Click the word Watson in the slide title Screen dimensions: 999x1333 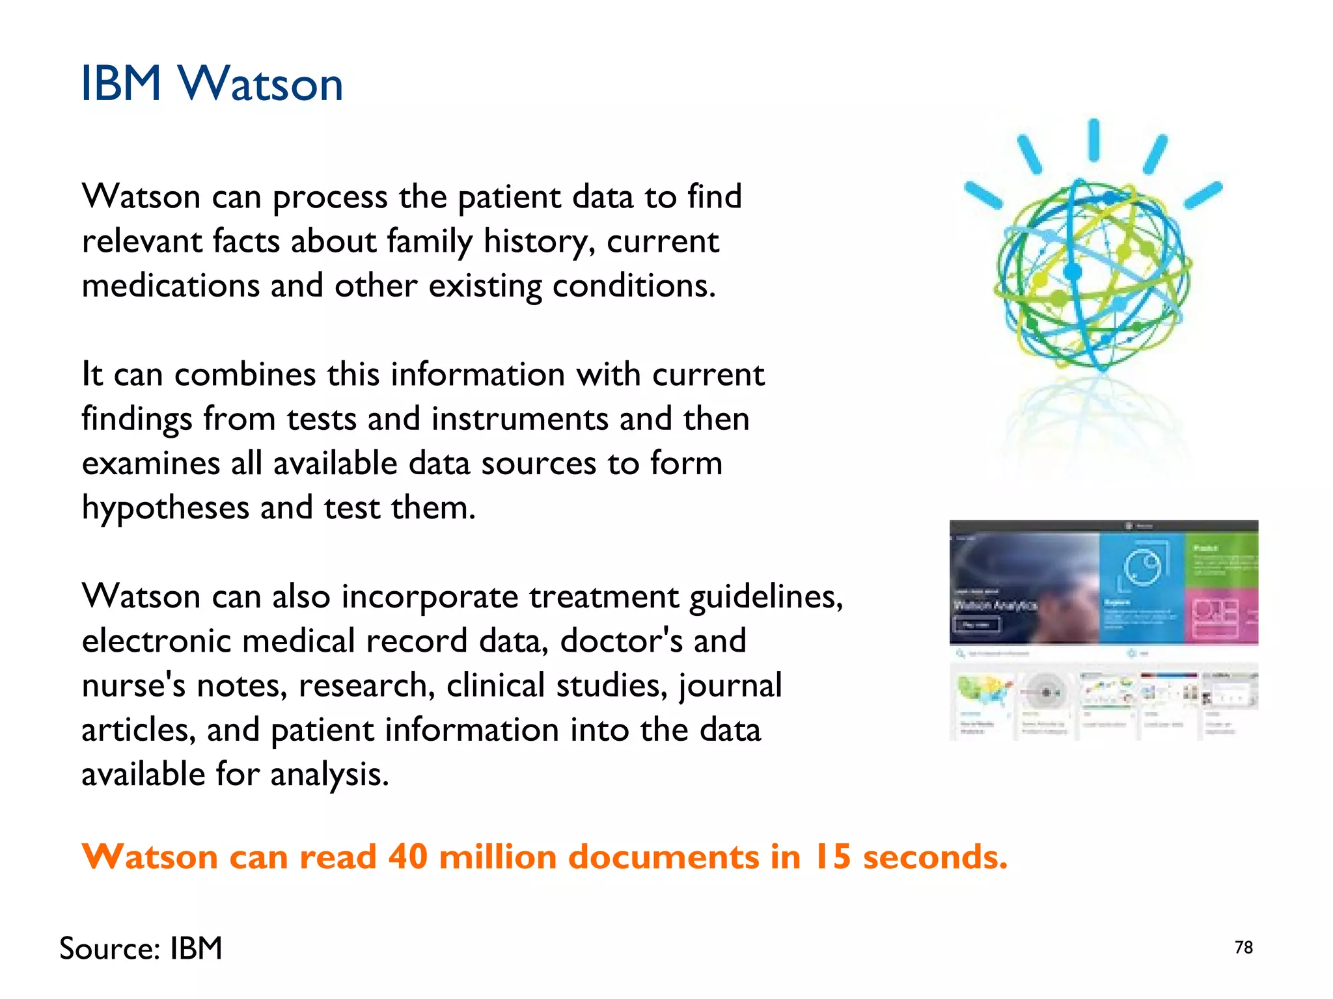click(x=260, y=85)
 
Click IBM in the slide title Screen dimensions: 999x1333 click(x=121, y=85)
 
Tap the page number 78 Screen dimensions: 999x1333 click(x=1243, y=948)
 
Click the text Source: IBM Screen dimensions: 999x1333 click(x=141, y=948)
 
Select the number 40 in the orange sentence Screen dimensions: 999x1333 click(x=408, y=857)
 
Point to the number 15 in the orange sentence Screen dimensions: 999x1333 click(x=832, y=857)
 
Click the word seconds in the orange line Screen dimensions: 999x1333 click(x=935, y=857)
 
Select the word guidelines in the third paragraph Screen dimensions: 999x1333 click(x=765, y=596)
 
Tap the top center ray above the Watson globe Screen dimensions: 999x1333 click(x=1094, y=140)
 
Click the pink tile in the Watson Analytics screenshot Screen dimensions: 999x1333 click(x=1221, y=615)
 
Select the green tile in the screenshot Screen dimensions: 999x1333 click(x=1221, y=559)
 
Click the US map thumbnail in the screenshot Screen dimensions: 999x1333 click(x=983, y=693)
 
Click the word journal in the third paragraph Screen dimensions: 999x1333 click(x=730, y=686)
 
